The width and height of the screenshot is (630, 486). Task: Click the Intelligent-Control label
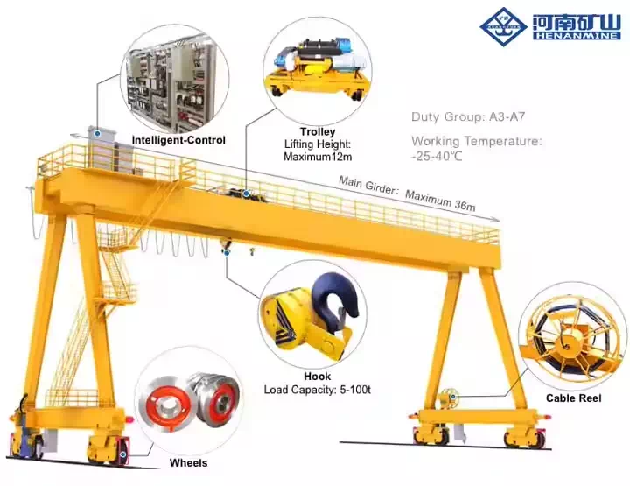coord(178,140)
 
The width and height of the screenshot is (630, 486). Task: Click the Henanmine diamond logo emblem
coord(503,27)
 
